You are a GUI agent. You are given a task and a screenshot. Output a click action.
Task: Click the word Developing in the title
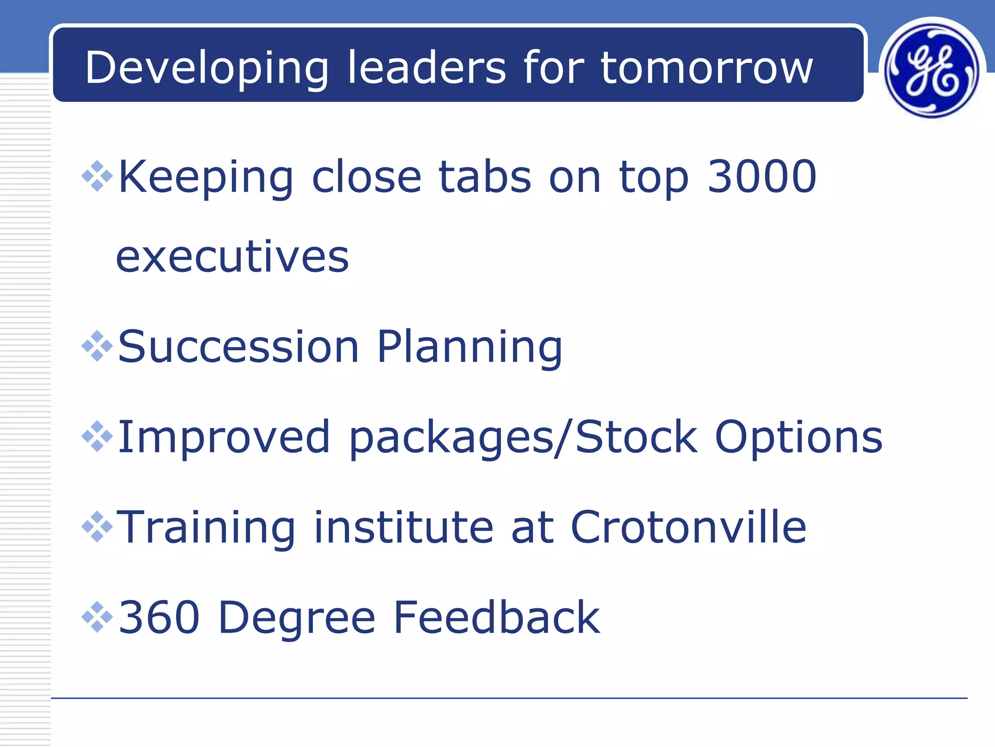[207, 68]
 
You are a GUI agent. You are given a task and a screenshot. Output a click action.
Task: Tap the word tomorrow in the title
[706, 68]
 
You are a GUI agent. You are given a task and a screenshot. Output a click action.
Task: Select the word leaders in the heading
[427, 68]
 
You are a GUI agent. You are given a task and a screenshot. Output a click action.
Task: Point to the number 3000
[762, 177]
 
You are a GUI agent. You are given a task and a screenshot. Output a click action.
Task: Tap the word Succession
[238, 347]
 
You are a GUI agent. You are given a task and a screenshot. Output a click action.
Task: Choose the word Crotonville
[688, 527]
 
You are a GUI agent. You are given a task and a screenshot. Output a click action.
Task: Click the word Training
[206, 528]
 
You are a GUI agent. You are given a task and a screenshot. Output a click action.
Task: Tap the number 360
[159, 618]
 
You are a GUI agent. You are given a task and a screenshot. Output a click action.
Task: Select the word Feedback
[497, 618]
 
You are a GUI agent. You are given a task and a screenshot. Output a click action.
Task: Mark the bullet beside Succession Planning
[97, 346]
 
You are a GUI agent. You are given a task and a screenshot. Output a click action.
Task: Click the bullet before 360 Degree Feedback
[97, 617]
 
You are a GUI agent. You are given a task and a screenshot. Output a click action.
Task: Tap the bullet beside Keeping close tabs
[97, 176]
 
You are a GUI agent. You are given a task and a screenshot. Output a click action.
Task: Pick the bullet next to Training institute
[97, 527]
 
